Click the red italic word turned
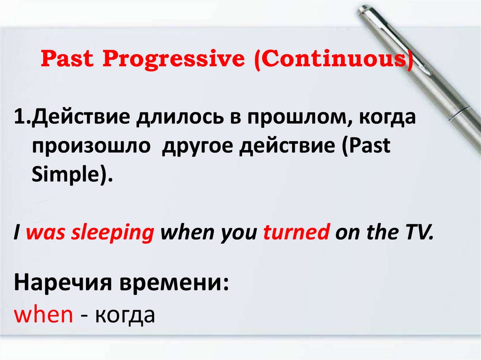[x=296, y=232]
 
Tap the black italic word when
[x=187, y=232]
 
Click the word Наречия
[x=63, y=283]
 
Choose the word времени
[x=174, y=283]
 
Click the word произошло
[x=91, y=146]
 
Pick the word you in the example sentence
[x=239, y=234]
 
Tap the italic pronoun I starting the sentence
[x=17, y=232]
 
